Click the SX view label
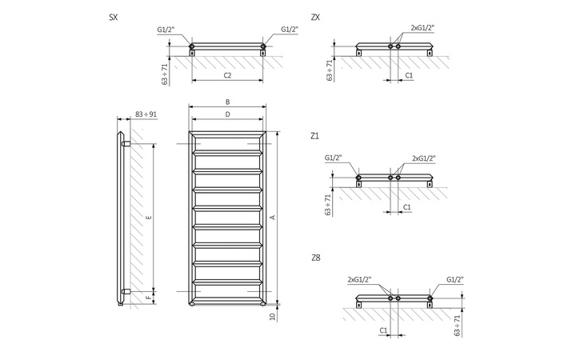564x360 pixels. click(x=114, y=16)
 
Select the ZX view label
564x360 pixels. click(x=314, y=16)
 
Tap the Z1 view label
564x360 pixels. click(x=314, y=136)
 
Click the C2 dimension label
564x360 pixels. click(x=227, y=75)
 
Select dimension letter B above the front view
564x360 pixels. click(x=227, y=102)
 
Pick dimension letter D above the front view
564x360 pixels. click(x=227, y=115)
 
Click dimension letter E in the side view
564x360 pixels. click(x=149, y=218)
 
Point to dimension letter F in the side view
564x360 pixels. click(x=149, y=297)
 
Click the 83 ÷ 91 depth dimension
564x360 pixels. click(x=146, y=115)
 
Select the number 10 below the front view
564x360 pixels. click(x=272, y=317)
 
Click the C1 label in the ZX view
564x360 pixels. click(x=408, y=74)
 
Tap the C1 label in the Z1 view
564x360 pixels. click(x=408, y=207)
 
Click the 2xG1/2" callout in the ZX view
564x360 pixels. click(x=422, y=28)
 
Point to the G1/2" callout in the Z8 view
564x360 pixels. click(x=454, y=279)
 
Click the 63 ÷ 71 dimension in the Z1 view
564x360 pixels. click(x=329, y=205)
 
